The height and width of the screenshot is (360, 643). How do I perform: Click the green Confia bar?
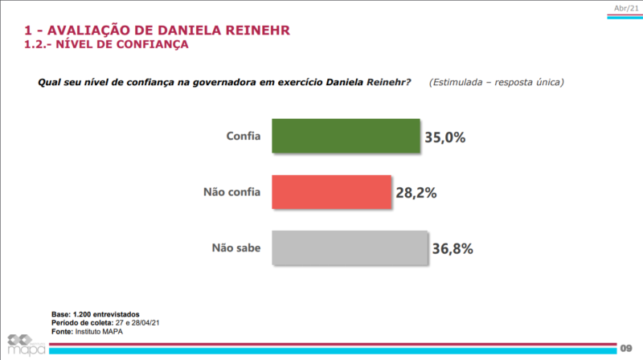346,136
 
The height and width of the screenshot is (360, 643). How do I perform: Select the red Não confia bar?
331,192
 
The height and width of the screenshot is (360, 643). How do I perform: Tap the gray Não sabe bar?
348,248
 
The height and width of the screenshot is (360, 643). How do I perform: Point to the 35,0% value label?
444,137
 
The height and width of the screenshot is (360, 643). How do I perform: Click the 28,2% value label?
416,193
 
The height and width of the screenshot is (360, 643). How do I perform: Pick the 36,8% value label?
452,249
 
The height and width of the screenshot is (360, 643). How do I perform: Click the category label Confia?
243,137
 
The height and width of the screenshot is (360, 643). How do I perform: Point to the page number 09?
626,347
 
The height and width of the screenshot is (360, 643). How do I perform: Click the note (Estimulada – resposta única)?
496,82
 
